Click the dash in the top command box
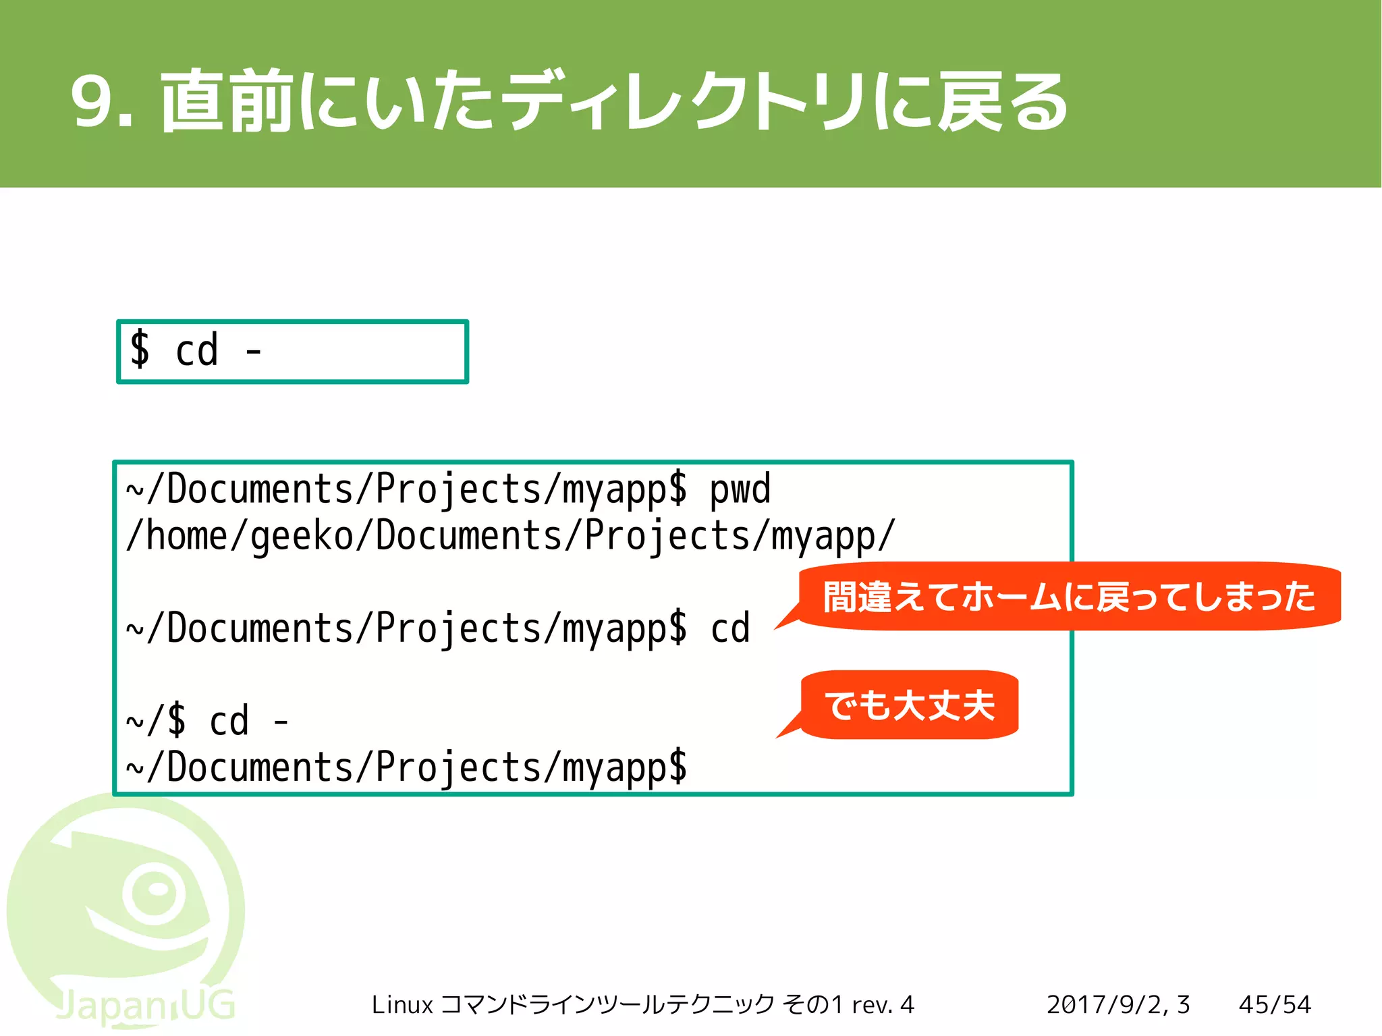click(x=254, y=352)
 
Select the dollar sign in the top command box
click(x=140, y=350)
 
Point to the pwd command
click(x=740, y=490)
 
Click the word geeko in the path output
click(x=302, y=536)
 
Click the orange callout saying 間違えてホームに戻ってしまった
click(x=1069, y=597)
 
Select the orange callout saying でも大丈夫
click(x=910, y=705)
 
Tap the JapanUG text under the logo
click(x=145, y=1006)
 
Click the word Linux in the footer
click(x=402, y=1005)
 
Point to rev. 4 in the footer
click(x=883, y=1005)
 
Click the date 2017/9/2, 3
click(x=1117, y=1005)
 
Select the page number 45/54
click(x=1275, y=1005)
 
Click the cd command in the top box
click(x=196, y=350)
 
